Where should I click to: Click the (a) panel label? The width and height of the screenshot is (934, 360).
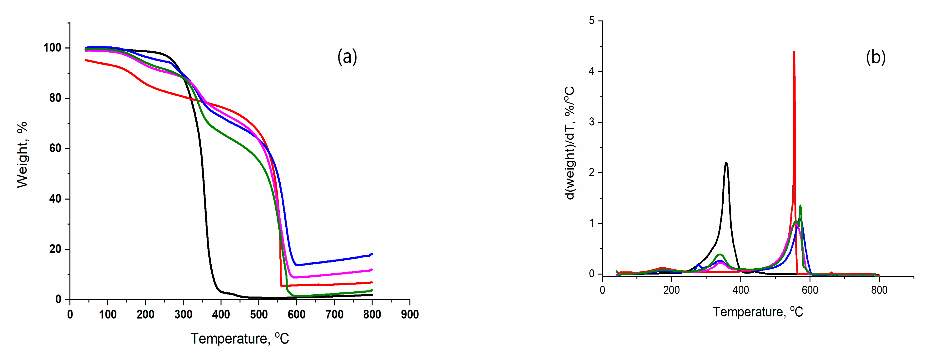347,57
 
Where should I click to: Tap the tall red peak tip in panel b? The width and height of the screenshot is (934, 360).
794,53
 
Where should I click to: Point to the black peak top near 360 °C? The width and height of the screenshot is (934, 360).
726,163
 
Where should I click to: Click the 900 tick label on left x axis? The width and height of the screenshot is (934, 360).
410,314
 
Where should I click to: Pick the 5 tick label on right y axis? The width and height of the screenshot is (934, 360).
592,21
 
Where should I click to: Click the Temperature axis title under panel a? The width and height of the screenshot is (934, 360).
240,339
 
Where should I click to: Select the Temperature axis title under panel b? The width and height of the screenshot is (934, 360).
758,312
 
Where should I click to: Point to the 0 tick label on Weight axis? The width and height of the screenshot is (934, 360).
58,300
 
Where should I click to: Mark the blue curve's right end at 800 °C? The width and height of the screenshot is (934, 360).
372,254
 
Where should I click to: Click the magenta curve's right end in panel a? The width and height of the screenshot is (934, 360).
372,270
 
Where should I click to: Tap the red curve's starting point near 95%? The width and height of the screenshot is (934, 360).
86,60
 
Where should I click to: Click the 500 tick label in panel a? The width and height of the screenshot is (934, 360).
258,314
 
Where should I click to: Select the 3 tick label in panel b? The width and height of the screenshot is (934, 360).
592,122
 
